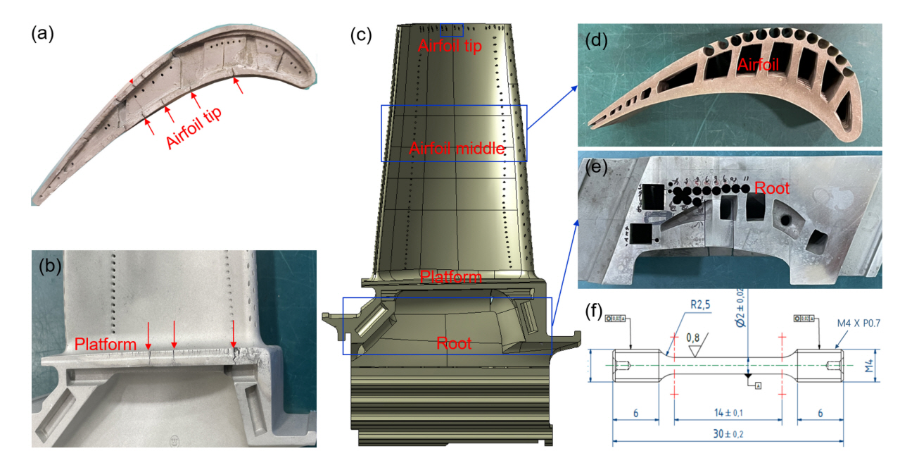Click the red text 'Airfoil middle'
457,149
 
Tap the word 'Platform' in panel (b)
106,345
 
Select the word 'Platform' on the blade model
450,277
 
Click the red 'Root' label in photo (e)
771,188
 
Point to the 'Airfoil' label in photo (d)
760,66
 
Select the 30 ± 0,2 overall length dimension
727,434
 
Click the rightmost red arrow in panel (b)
234,334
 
